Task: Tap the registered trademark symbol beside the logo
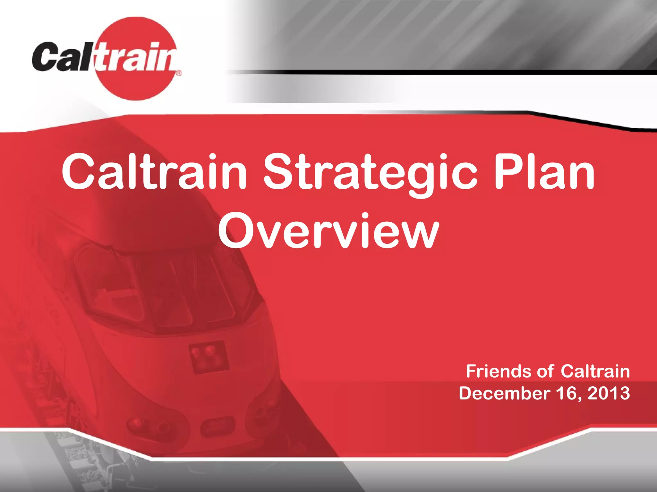(179, 73)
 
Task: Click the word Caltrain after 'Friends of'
(595, 372)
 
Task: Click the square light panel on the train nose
(209, 357)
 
